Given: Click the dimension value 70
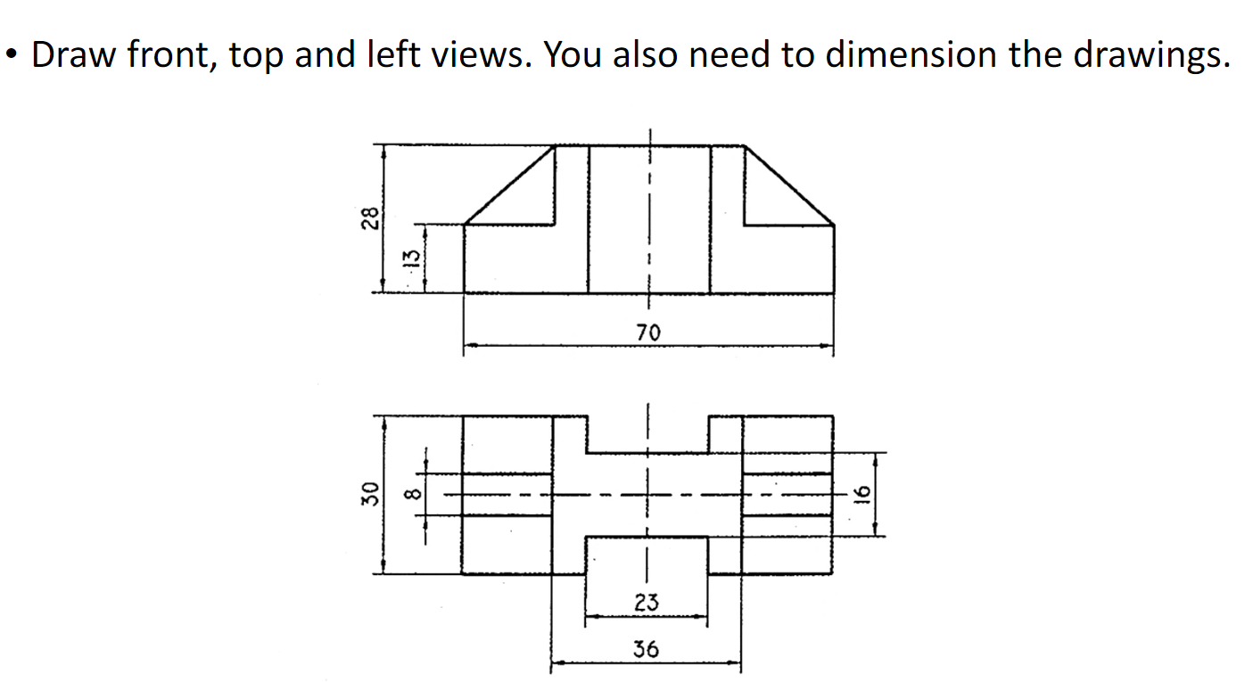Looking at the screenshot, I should [x=648, y=333].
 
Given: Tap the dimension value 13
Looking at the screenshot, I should [x=411, y=259].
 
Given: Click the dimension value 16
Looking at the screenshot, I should [x=861, y=495].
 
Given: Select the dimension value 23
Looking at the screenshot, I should [x=647, y=603].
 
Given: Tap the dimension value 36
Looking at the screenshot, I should [x=646, y=649].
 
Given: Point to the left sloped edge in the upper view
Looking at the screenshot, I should [x=510, y=184].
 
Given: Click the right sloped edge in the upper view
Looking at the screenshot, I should [x=789, y=184].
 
